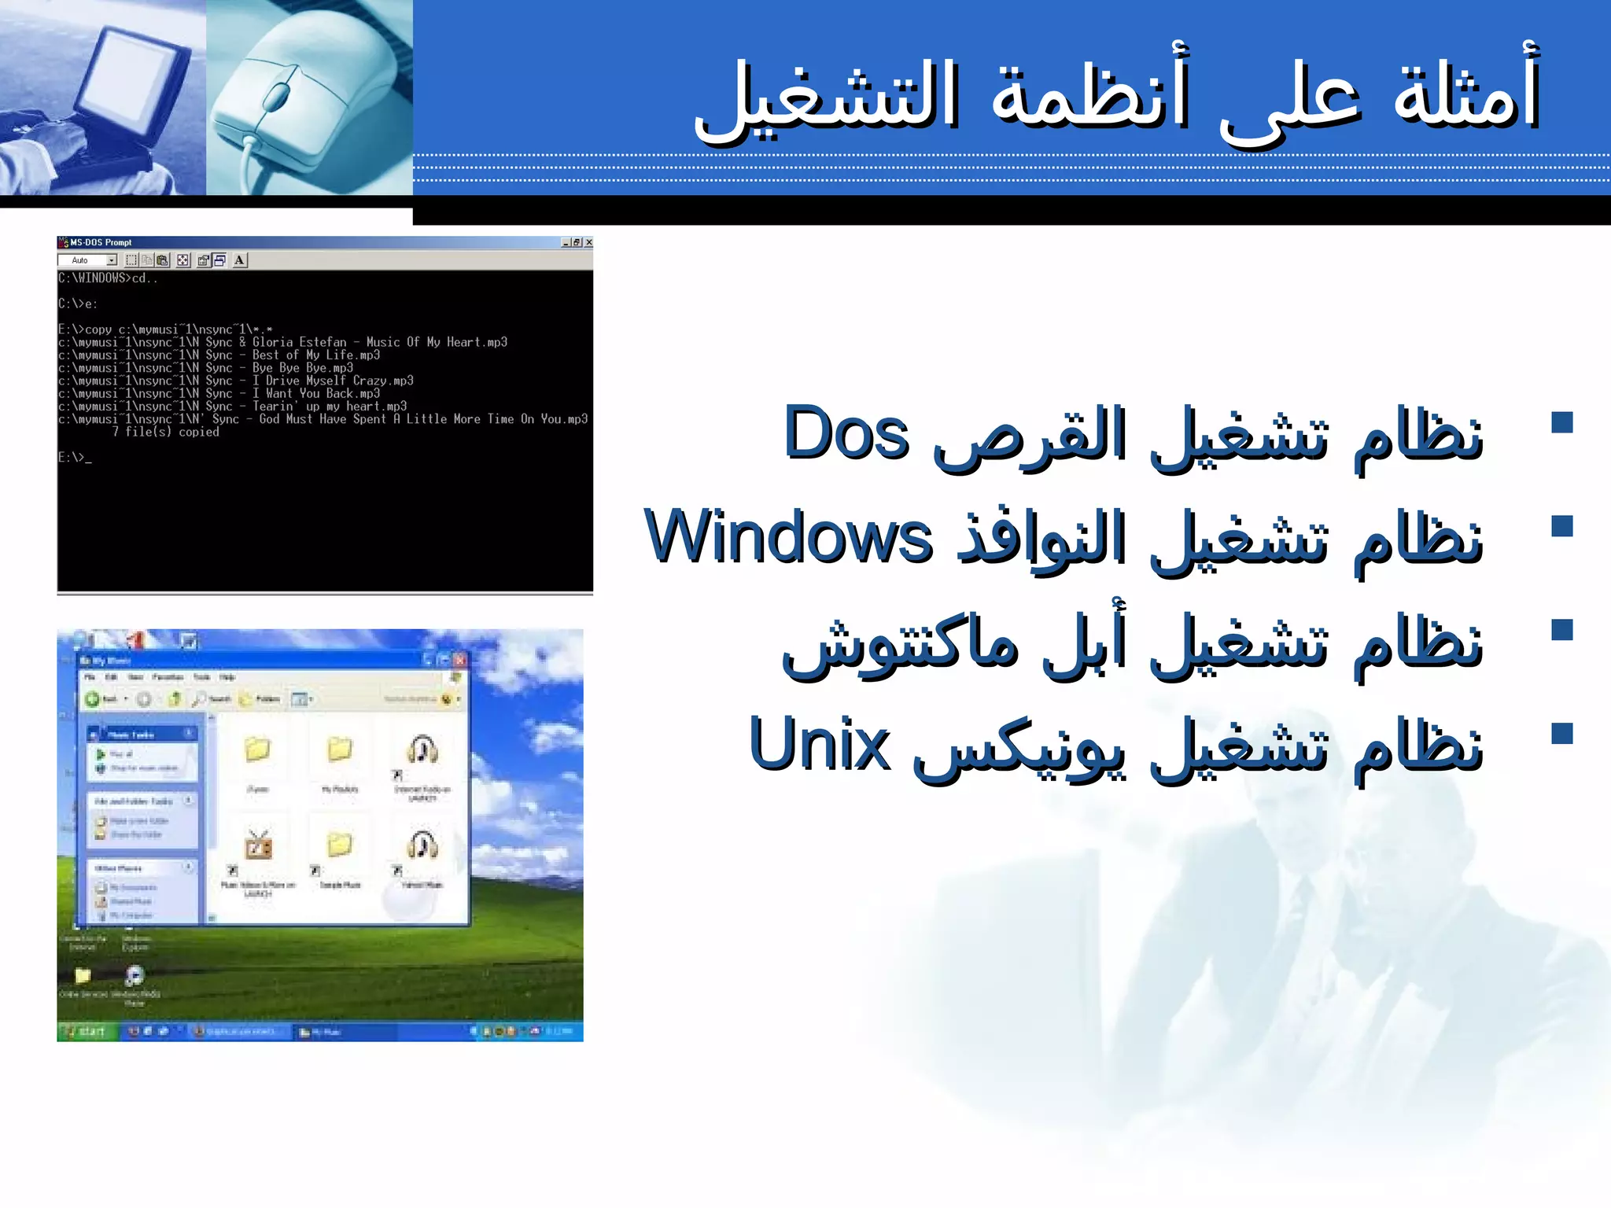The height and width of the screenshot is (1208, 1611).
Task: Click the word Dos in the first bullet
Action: [846, 435]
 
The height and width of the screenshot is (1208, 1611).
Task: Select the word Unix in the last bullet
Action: [820, 745]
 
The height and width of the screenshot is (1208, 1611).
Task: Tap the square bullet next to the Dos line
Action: [1561, 422]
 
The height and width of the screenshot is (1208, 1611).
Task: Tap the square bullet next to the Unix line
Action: [1561, 733]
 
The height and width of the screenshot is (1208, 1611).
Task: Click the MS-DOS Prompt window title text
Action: [101, 242]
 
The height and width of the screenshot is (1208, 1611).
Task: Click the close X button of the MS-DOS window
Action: [588, 242]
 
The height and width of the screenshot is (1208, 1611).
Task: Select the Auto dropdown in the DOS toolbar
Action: [87, 260]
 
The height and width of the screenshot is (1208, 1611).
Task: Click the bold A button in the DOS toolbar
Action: [239, 260]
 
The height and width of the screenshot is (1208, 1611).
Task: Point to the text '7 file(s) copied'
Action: [165, 432]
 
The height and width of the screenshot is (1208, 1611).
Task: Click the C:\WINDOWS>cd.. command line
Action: [108, 278]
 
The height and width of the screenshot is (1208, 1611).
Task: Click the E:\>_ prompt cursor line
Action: [75, 457]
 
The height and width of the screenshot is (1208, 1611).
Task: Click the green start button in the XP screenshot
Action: [87, 1031]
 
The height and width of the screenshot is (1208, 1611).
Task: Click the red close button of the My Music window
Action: [460, 660]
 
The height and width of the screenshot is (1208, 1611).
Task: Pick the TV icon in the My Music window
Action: [258, 846]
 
